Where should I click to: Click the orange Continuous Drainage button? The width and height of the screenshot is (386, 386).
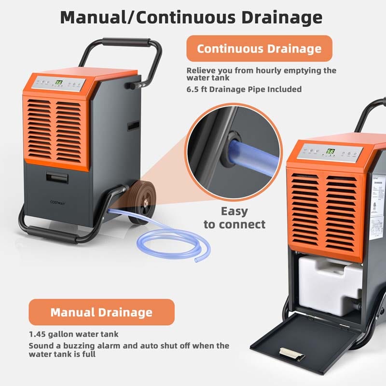coord(260,48)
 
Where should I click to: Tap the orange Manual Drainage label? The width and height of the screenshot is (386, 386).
coord(101,312)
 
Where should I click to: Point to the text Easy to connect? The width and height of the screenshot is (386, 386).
coord(234,218)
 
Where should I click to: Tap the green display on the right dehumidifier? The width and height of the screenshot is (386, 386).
coord(331,151)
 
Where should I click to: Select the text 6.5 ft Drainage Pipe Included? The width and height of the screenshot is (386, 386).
coord(244,89)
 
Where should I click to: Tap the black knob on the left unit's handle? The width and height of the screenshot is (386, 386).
coord(130,85)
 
